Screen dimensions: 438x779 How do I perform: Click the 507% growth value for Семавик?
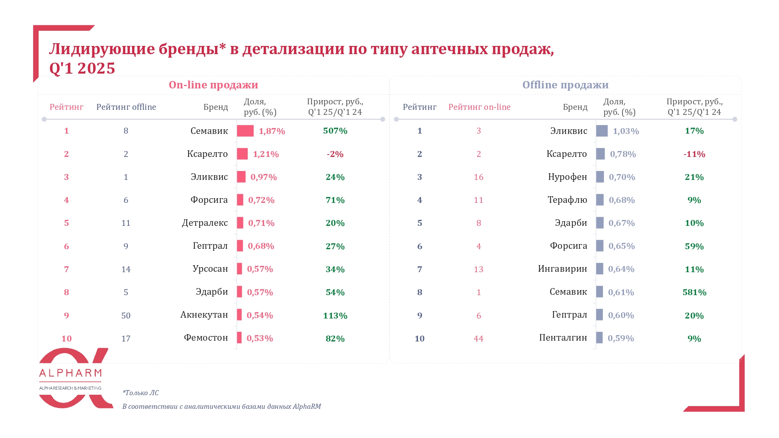point(335,131)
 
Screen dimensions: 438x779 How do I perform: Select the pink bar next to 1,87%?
point(245,131)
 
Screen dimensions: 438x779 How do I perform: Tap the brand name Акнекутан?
point(204,315)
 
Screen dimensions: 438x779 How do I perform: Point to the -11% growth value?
point(694,154)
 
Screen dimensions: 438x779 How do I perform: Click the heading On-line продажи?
point(213,85)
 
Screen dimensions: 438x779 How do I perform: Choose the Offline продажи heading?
point(565,85)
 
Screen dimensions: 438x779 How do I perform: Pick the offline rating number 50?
point(126,315)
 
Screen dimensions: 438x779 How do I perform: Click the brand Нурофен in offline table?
point(567,177)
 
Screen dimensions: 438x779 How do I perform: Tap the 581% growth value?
point(694,292)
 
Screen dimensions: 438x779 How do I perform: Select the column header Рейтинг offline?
point(126,107)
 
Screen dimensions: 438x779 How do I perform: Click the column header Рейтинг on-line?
point(479,107)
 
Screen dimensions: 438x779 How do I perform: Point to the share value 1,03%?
point(626,131)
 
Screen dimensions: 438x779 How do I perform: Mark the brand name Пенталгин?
point(563,338)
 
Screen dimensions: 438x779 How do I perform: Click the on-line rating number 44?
point(479,339)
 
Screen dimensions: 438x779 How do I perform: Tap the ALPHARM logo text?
point(70,373)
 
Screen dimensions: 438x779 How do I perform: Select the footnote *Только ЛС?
point(141,393)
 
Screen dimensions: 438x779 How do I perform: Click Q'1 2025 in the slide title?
point(82,69)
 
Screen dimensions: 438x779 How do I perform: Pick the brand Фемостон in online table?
point(206,338)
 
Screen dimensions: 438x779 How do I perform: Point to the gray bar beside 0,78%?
point(601,154)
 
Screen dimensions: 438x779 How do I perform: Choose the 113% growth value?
point(335,316)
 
